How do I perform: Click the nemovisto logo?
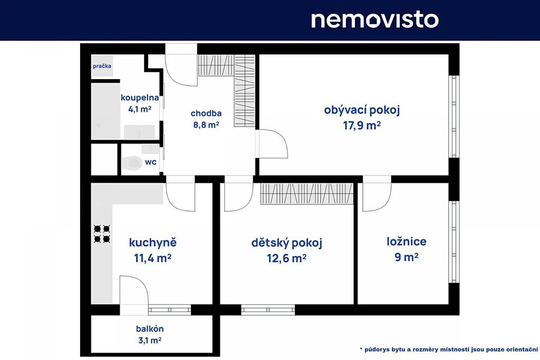point(375,20)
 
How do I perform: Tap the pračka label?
point(102,66)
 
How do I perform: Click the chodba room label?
point(206,113)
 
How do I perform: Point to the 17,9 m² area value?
point(362,125)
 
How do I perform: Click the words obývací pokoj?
point(362,111)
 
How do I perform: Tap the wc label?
point(150,162)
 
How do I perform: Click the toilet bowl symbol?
point(131,163)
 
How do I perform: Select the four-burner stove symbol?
point(102,233)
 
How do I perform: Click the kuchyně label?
point(152,242)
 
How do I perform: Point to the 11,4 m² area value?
point(152,258)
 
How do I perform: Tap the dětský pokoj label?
point(286,243)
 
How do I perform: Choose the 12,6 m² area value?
point(286,258)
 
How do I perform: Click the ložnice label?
point(407,241)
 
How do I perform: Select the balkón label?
point(150,329)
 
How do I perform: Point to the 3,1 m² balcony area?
point(150,340)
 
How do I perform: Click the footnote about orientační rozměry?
point(449,349)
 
